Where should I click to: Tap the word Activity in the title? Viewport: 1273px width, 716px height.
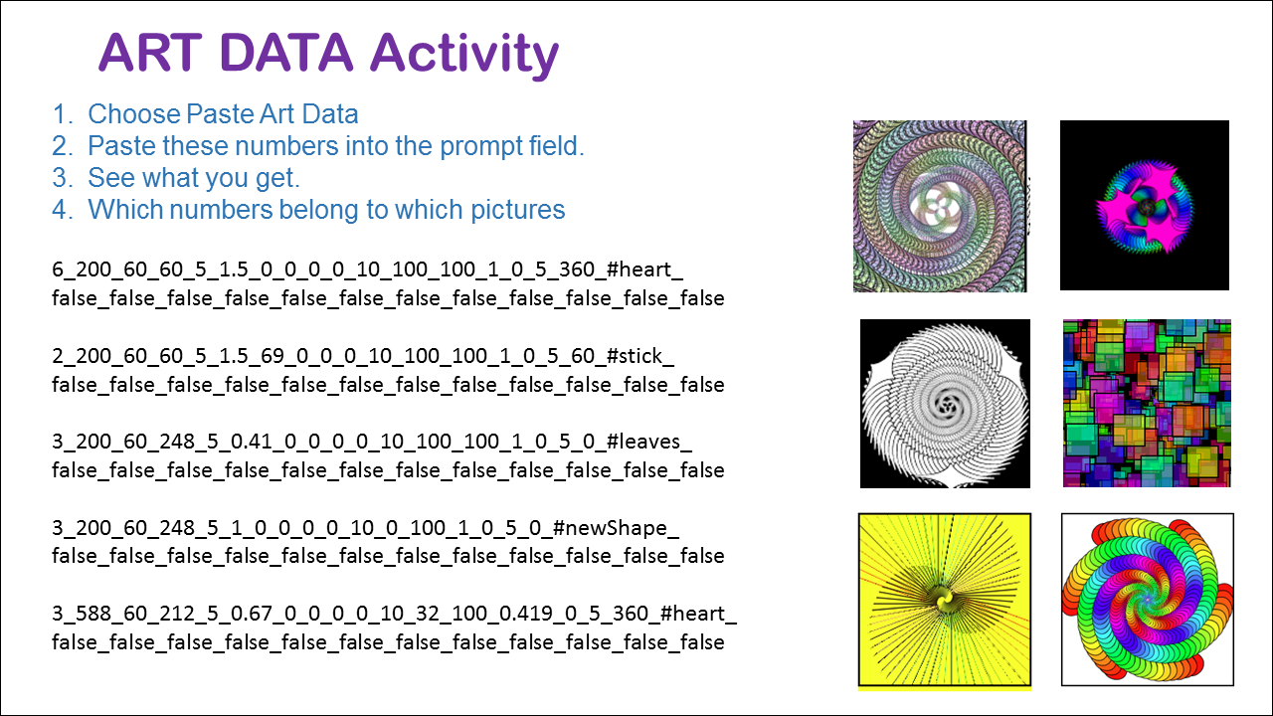tap(464, 56)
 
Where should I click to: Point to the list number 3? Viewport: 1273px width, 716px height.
tap(62, 177)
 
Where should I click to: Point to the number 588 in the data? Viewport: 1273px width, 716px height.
tap(94, 614)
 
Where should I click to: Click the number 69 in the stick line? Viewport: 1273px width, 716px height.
tap(273, 356)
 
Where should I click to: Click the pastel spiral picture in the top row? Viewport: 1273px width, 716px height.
tap(940, 206)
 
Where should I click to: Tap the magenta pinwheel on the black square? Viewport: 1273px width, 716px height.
tap(1145, 205)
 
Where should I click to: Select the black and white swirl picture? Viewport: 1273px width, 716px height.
tap(945, 404)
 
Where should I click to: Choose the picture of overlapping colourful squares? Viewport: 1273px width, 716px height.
tap(1147, 404)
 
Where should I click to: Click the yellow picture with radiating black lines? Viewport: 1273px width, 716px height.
tap(945, 601)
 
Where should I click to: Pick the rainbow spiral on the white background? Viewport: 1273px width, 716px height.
tap(1148, 600)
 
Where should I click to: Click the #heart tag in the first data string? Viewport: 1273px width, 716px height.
tap(644, 269)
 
